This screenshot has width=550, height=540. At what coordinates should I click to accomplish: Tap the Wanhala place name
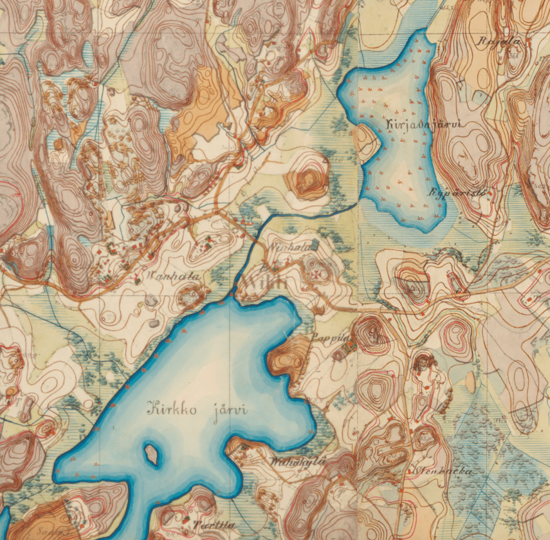tap(173, 277)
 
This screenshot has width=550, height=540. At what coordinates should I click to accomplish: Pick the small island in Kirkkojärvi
tap(151, 454)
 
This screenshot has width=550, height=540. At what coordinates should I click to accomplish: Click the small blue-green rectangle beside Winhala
tap(314, 245)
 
